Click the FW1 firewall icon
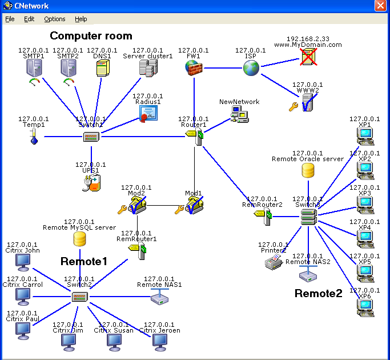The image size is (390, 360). coord(194,69)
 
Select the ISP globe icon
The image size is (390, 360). coord(251,69)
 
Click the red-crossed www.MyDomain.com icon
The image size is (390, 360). coord(308,56)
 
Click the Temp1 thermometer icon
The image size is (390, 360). coord(34,137)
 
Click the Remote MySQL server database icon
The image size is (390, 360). coord(80,239)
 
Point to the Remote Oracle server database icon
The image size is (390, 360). coord(308,170)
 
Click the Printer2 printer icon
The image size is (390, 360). coord(274,262)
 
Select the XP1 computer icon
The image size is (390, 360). coord(365,136)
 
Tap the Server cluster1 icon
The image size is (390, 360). coord(148,69)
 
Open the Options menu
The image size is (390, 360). coord(55,19)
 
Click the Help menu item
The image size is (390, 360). coord(81,19)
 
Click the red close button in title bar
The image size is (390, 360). coord(381,6)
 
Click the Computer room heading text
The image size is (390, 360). coord(91,36)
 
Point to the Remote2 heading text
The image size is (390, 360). coord(318,293)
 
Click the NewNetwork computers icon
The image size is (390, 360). coord(239,114)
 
